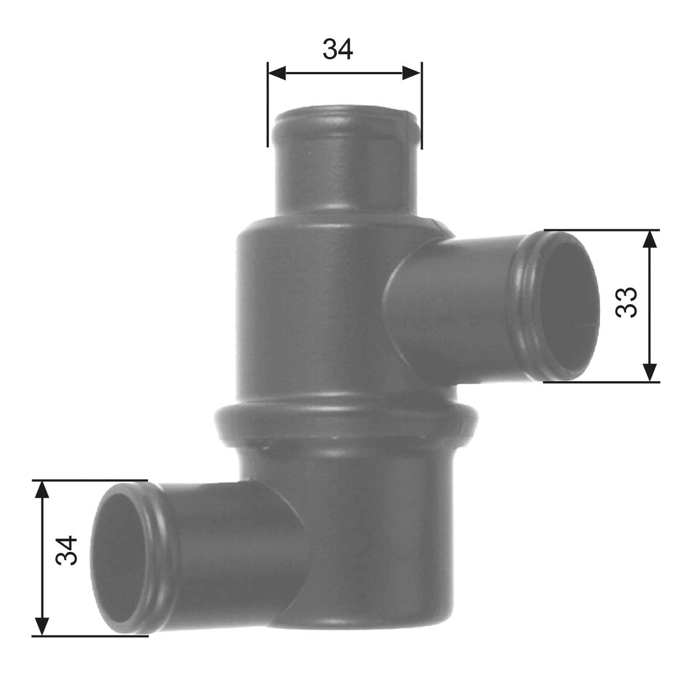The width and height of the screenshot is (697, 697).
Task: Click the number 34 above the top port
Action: point(337,49)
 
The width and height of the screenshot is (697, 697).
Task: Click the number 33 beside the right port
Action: point(627,302)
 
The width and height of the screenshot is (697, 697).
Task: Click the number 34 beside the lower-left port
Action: point(66,550)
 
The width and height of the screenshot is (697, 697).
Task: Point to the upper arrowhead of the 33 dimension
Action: point(650,239)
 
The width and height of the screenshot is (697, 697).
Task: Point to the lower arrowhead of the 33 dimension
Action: point(650,372)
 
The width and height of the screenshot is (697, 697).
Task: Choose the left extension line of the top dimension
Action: point(268,105)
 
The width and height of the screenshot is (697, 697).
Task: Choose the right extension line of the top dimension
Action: point(422,105)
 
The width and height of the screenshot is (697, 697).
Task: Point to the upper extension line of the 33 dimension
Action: point(601,229)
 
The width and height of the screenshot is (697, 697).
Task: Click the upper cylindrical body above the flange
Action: point(310,310)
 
